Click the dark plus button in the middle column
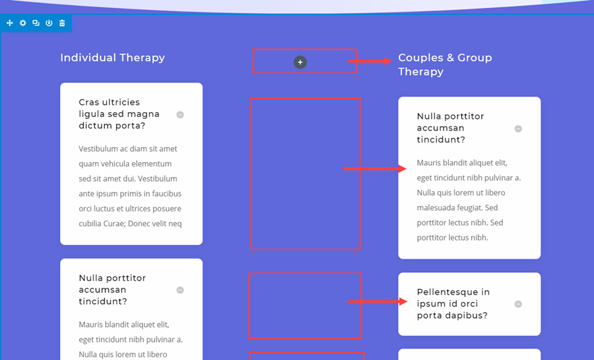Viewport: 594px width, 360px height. (300, 62)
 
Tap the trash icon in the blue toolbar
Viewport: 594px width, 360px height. (62, 23)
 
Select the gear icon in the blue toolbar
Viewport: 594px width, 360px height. (23, 23)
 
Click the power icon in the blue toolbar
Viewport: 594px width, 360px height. (49, 23)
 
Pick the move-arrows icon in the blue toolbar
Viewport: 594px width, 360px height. (9, 23)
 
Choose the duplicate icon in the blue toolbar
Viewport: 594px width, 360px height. (36, 23)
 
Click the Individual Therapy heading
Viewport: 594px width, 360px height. (113, 58)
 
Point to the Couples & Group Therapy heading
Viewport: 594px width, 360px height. (445, 65)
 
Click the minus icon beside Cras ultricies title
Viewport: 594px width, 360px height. (180, 115)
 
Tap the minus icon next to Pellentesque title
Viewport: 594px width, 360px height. (518, 304)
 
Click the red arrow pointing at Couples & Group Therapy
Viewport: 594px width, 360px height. (370, 61)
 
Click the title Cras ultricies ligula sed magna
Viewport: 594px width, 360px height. (119, 114)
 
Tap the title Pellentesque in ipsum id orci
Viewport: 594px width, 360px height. (453, 304)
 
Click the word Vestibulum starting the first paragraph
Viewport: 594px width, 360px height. (100, 149)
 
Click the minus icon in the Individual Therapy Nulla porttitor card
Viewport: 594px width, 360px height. (180, 290)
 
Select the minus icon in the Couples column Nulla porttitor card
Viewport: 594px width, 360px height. (518, 129)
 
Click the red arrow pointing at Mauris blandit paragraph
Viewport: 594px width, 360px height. (375, 168)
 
